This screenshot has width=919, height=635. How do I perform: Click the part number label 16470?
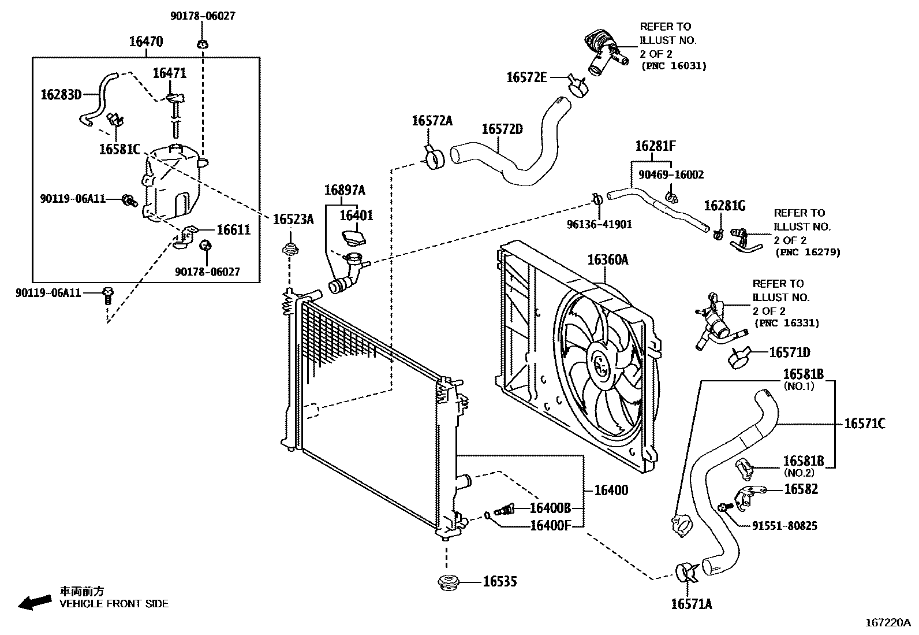tap(145, 41)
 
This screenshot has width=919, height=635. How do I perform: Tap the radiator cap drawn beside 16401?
tap(353, 237)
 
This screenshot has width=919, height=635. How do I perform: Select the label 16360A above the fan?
tap(607, 259)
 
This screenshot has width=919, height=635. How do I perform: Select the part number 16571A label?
tap(691, 604)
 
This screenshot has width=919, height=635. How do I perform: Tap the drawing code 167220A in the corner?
tap(887, 623)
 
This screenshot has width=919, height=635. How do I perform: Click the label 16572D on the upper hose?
tap(502, 129)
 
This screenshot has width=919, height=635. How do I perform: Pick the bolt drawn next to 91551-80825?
tap(724, 508)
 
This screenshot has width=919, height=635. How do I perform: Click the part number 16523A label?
tap(293, 219)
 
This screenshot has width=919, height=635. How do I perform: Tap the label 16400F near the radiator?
tap(550, 525)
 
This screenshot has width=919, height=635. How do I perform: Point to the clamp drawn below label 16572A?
tap(433, 158)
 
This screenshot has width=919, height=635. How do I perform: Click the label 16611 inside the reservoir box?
tap(233, 230)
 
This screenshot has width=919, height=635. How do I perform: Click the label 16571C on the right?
tap(864, 424)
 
